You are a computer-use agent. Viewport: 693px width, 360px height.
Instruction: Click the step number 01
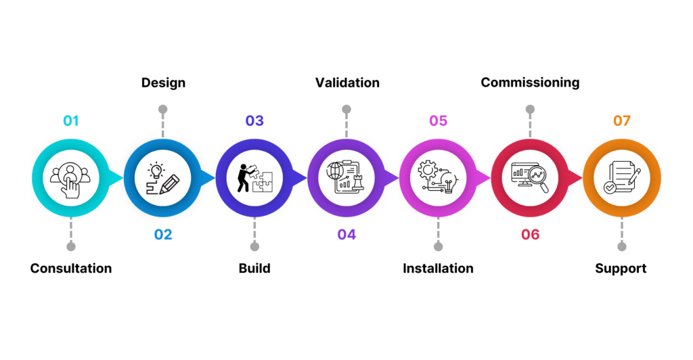tap(71, 121)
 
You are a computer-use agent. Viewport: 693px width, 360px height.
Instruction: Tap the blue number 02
tap(163, 235)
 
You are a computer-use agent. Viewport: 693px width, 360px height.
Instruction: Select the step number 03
tap(254, 121)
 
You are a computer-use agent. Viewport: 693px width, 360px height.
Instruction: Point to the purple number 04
tap(346, 235)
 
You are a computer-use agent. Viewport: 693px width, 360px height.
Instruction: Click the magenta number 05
tap(438, 121)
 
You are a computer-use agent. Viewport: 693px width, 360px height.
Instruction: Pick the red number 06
tap(530, 235)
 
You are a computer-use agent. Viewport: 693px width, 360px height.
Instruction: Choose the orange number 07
tap(622, 121)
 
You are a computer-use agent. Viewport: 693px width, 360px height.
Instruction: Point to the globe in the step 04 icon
tap(335, 171)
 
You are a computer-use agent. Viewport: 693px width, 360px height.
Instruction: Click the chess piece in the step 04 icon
tap(357, 185)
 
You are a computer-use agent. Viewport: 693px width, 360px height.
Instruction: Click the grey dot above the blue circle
tap(162, 109)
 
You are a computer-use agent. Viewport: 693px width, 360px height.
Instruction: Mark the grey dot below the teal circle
tap(71, 246)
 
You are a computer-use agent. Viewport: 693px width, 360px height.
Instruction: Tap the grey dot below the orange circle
tap(622, 246)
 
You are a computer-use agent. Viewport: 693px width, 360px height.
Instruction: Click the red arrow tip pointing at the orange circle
tap(577, 178)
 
